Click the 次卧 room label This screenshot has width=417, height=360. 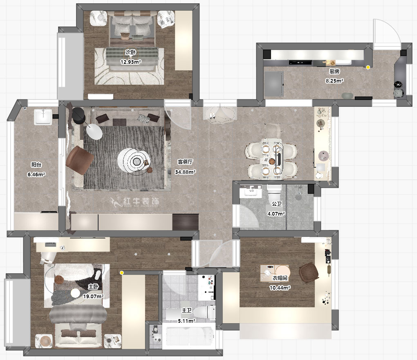point(130,52)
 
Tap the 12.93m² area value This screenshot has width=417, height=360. point(130,62)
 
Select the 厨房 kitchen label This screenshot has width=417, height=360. point(334,71)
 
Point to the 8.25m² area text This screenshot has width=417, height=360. point(334,81)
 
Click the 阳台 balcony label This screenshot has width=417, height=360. point(36,165)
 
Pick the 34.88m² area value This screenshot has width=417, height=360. point(185,172)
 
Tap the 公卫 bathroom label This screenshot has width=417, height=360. point(276,204)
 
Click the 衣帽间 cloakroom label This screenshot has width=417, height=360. point(280,278)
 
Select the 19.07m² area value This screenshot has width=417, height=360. point(93,296)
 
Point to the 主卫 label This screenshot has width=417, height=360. point(186,310)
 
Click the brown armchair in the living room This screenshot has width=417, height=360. point(80,160)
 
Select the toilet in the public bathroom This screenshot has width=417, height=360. point(274,193)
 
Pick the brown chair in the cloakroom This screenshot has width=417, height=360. point(309,273)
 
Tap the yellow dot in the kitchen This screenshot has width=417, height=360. point(368,67)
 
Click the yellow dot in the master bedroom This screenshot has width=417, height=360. point(121,273)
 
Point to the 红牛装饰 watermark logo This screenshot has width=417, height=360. point(135,202)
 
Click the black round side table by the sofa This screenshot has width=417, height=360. point(78,116)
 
